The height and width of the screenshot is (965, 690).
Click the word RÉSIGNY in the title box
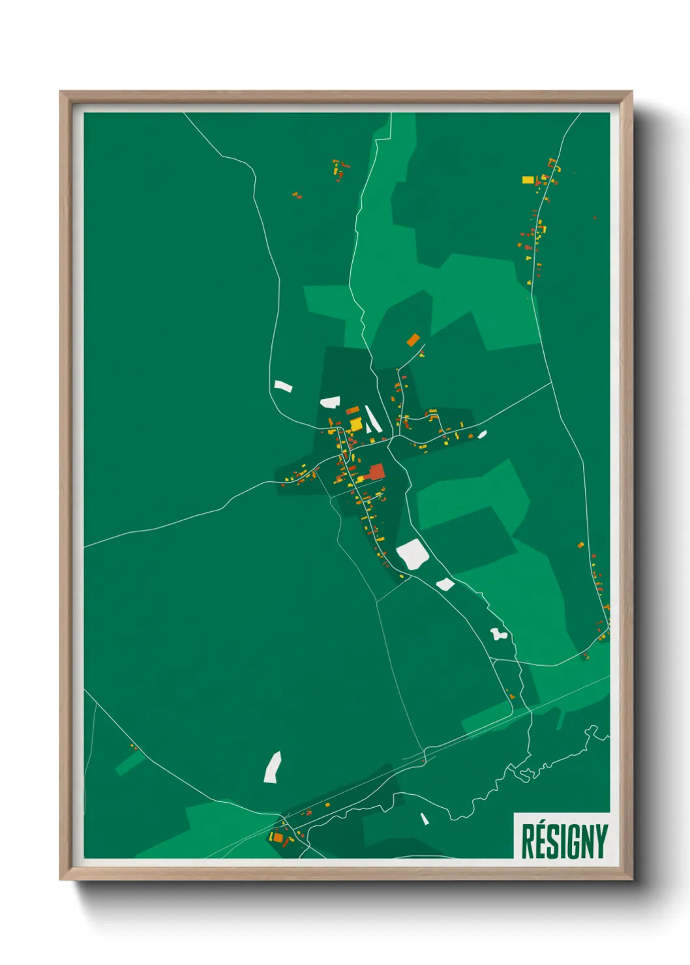click(564, 841)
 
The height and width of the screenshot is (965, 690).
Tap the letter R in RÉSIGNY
click(528, 841)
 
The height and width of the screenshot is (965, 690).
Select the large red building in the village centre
click(377, 471)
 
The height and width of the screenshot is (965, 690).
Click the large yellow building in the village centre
click(356, 425)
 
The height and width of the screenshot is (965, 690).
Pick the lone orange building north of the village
click(413, 340)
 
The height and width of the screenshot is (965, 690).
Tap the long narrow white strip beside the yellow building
click(372, 419)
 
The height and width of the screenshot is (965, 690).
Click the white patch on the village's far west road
click(283, 386)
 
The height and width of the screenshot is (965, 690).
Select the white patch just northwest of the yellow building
click(330, 402)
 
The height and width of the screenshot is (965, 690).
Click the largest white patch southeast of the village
click(412, 554)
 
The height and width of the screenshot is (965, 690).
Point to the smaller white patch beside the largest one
click(445, 584)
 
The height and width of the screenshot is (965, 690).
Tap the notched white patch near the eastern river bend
click(499, 633)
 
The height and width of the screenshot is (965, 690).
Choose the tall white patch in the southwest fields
click(273, 767)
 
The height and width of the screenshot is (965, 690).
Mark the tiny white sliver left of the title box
click(425, 818)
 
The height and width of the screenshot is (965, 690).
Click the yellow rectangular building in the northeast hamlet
click(528, 179)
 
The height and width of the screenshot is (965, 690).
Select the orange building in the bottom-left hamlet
click(277, 837)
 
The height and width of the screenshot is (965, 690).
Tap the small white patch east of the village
click(482, 434)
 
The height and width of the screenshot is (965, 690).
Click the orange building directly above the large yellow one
click(353, 410)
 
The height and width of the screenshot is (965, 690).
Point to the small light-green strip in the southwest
click(130, 762)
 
